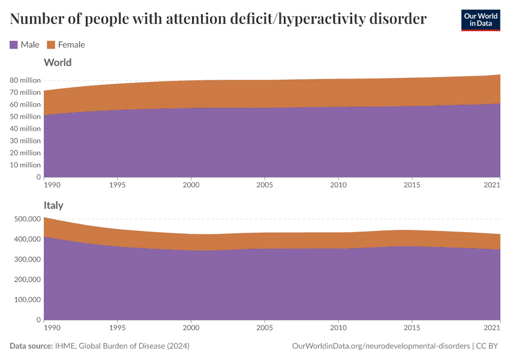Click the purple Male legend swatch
coord(14,44)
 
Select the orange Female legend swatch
coord(51,44)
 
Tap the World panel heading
coord(58,62)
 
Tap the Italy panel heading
coord(53,205)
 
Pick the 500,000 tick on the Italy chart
coord(26,219)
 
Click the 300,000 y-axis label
coord(26,259)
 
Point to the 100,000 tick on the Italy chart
coord(26,299)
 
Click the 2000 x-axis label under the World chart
coord(191,185)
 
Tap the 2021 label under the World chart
coord(492,185)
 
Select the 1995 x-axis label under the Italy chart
coord(118,328)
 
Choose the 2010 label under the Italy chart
coord(338,328)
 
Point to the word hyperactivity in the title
coord(316,19)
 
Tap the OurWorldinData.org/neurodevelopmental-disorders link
coord(380,346)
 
